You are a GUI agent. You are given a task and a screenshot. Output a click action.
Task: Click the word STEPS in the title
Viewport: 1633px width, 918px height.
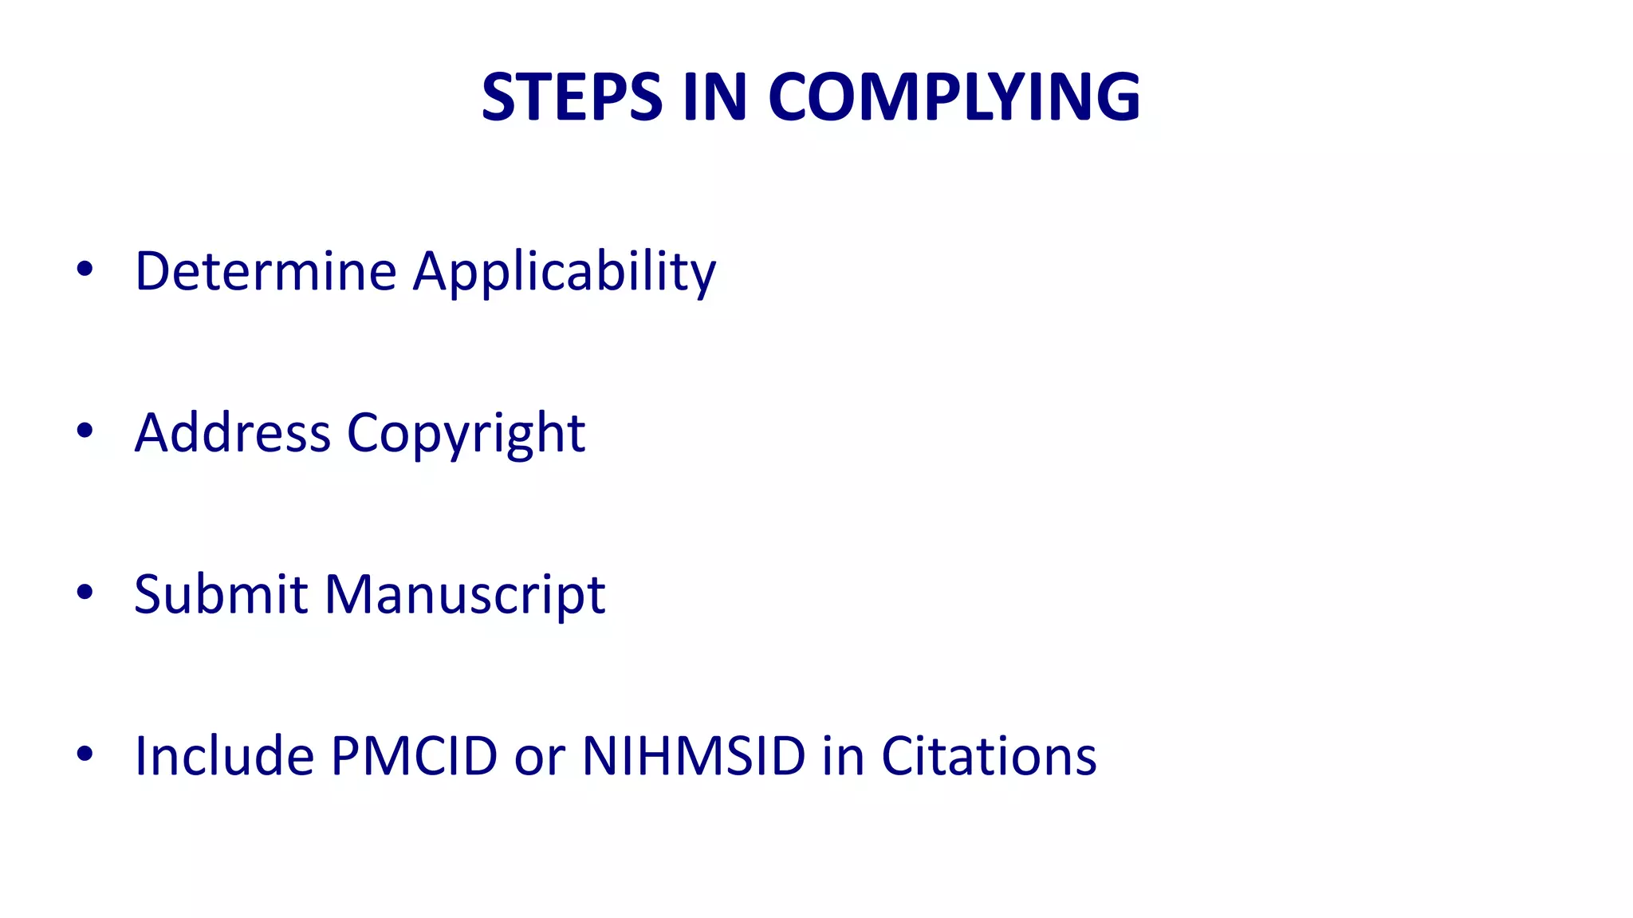[572, 97]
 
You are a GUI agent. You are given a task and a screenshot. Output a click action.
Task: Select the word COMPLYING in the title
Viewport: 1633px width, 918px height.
[954, 97]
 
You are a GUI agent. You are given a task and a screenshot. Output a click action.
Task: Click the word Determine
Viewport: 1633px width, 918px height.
[266, 271]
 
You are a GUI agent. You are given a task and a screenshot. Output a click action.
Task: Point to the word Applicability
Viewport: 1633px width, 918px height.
[565, 273]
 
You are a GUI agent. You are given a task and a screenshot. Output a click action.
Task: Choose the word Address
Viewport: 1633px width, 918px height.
[232, 433]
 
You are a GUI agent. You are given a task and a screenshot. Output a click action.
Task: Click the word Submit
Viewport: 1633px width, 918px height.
[221, 594]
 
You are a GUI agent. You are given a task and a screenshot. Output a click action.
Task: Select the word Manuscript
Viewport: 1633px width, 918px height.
[465, 596]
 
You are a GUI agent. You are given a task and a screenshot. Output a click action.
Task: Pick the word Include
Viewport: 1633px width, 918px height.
[224, 755]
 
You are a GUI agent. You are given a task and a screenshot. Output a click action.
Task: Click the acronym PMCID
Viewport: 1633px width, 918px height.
[414, 755]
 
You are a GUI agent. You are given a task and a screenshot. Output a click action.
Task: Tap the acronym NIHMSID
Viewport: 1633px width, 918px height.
[694, 755]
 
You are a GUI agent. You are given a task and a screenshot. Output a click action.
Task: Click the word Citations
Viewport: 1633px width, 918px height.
[989, 755]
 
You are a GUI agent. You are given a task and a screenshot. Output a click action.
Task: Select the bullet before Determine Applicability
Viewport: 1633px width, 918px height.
[85, 270]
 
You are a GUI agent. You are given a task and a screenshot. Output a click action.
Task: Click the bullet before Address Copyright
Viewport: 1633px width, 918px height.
[85, 431]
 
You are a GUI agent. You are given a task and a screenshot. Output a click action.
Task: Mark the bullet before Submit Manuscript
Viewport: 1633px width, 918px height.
[85, 592]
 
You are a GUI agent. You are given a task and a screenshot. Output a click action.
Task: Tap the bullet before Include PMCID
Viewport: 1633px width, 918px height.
[85, 753]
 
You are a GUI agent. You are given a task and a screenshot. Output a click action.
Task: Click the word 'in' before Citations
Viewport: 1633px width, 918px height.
[843, 755]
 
